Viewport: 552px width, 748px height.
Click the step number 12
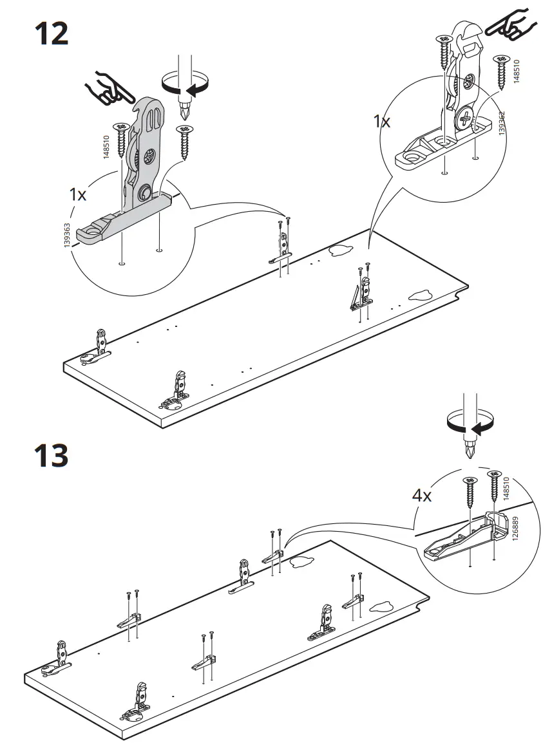(x=52, y=34)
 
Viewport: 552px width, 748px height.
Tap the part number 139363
(x=66, y=235)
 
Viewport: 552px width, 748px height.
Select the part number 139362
(x=501, y=123)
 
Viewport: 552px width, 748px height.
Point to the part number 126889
(x=515, y=528)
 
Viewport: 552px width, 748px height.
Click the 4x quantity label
(x=422, y=496)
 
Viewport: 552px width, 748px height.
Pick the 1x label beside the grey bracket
(x=78, y=194)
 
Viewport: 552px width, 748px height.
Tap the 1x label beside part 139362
(x=381, y=121)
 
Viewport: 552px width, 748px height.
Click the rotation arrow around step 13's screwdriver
(x=470, y=423)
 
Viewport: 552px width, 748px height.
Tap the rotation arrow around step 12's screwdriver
(x=186, y=84)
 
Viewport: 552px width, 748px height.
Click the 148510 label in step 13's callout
(x=506, y=489)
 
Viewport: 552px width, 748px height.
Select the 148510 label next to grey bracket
(x=106, y=147)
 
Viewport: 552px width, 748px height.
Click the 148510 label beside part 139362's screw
(x=517, y=71)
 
